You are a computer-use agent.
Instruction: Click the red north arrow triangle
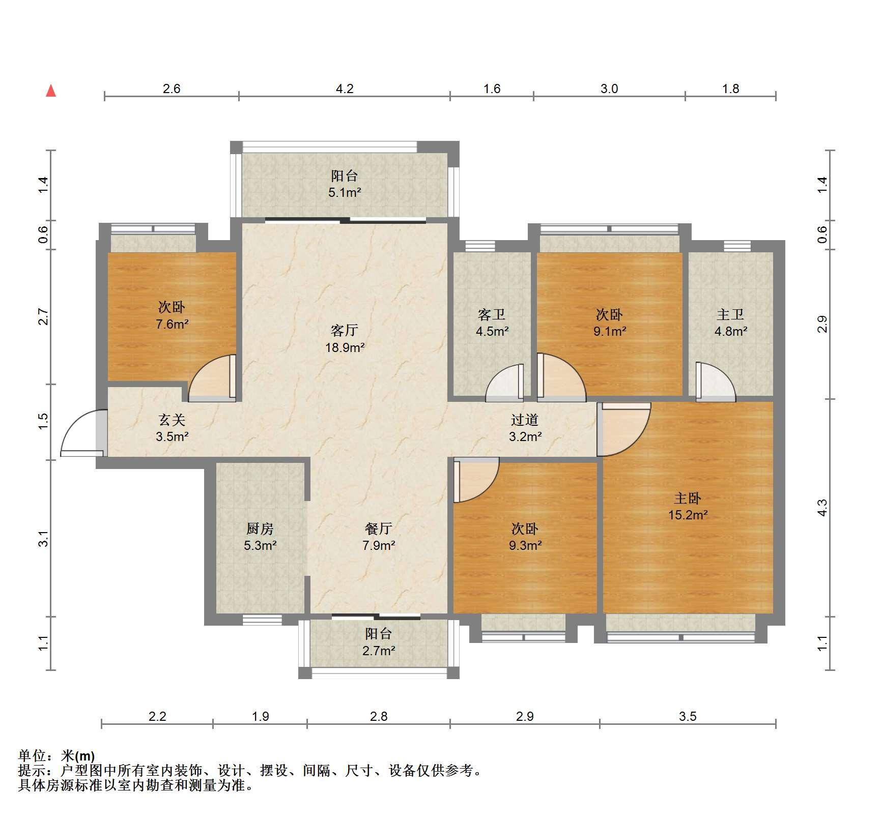coord(51,91)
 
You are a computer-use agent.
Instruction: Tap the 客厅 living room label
coord(344,331)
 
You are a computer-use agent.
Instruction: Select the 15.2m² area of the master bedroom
coord(688,515)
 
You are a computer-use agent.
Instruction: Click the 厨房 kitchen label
coord(260,529)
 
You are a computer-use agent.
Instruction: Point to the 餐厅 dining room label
coord(379,529)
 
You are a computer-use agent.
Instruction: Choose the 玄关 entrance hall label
coord(172,420)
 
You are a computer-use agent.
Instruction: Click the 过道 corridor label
coord(525,420)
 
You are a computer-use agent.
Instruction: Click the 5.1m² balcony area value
coord(345,193)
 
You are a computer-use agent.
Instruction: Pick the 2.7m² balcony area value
coord(379,651)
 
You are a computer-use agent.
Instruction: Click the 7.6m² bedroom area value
coord(172,324)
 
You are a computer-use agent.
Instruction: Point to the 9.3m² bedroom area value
coord(525,545)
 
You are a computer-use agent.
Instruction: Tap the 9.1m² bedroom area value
coord(609,331)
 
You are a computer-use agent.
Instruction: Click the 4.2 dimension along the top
coord(345,89)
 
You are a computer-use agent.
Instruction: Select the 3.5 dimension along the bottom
coord(687,716)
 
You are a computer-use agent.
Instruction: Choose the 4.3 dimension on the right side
coord(822,508)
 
